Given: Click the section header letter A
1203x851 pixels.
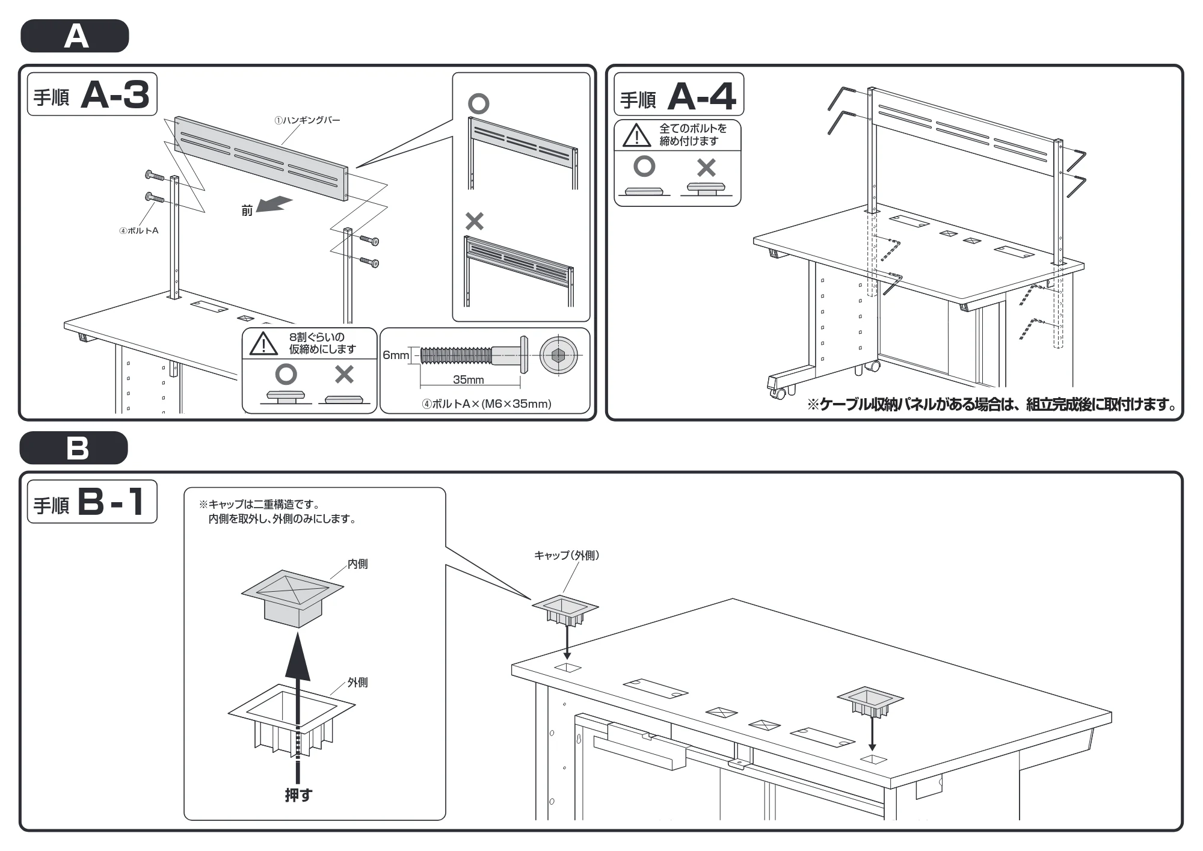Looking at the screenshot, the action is (x=76, y=37).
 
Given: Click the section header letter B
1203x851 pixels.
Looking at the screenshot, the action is (x=78, y=448).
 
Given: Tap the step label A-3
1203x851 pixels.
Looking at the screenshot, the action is (x=115, y=95).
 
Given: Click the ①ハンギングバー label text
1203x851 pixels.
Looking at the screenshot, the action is (x=307, y=120).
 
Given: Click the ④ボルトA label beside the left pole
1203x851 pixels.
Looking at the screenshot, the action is (x=139, y=230).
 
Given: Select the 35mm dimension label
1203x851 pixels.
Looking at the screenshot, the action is (x=469, y=379).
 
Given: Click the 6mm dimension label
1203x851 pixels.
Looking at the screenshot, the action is (x=396, y=355).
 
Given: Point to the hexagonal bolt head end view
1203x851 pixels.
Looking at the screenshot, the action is (x=558, y=355).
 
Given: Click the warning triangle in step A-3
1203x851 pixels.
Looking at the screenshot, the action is (x=263, y=343).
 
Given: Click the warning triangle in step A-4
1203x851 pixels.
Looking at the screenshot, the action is (x=636, y=135).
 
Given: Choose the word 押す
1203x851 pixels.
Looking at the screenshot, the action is (x=298, y=795).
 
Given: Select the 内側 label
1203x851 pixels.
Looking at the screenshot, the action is (x=357, y=564).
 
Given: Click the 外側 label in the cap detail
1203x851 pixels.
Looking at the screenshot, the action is (x=357, y=683).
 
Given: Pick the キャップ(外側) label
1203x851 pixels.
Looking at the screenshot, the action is (x=566, y=556).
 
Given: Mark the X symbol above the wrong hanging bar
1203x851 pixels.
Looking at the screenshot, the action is (x=475, y=221).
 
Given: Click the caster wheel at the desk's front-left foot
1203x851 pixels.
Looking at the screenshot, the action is (x=779, y=394).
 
